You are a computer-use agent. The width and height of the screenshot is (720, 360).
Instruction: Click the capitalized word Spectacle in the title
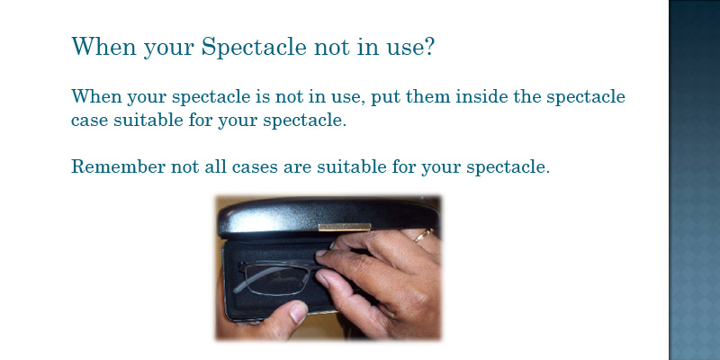coord(254,47)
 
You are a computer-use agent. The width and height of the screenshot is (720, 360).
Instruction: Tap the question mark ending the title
coord(429,46)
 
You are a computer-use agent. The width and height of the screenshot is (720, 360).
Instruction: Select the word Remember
coord(118,166)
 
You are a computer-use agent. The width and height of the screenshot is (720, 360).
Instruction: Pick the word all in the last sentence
coord(215,166)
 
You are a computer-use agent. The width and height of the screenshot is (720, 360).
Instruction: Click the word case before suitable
coord(89,121)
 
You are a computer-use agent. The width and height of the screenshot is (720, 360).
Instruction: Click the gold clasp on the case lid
coord(345,227)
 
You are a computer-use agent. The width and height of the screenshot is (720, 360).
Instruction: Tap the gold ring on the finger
coord(423,236)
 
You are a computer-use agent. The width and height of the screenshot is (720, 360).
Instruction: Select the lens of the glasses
coord(276,281)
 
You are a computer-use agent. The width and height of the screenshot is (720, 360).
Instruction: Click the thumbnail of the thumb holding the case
coord(299,311)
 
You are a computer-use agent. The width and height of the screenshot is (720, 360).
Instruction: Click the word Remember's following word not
coord(184,166)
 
